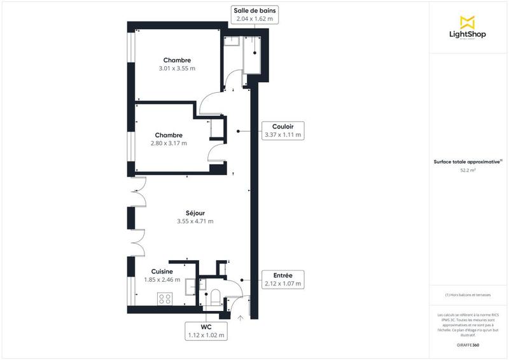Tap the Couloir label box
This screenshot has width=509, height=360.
click(282, 130)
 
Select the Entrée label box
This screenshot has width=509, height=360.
click(282, 279)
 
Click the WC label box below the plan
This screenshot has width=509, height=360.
click(206, 331)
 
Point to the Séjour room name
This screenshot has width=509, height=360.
click(195, 213)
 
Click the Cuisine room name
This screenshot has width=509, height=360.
click(162, 272)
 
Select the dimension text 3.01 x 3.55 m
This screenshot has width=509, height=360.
click(176, 68)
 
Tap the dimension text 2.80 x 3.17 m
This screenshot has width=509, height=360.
click(169, 143)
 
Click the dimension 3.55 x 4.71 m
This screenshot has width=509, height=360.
click(195, 221)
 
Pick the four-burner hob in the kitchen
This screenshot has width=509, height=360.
click(165, 298)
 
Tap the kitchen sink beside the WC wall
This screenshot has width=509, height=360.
click(191, 287)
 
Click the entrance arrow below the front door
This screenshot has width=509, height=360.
click(241, 318)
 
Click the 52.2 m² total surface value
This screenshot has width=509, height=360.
click(468, 170)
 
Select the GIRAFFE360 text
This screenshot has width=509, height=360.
click(468, 343)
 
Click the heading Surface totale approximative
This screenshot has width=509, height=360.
click(468, 162)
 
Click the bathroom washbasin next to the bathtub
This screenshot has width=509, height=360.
click(232, 41)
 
